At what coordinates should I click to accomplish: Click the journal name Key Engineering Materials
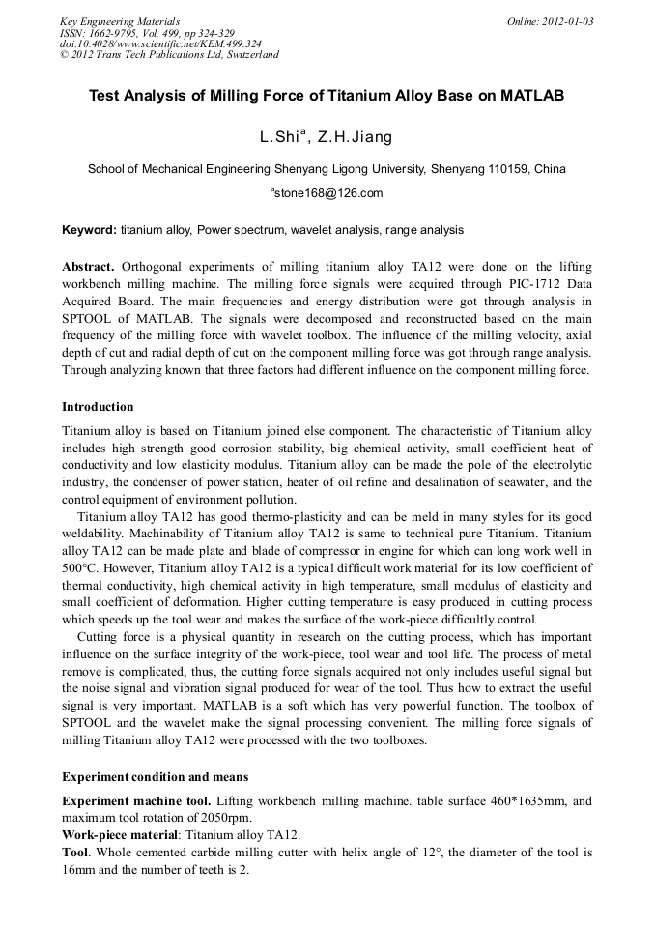(x=120, y=21)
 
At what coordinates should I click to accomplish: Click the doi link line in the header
(x=160, y=43)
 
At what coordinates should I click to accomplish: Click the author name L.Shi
(x=280, y=137)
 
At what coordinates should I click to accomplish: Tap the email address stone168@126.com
(x=328, y=193)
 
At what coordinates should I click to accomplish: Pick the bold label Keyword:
(x=89, y=230)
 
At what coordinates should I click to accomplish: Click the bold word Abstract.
(x=88, y=266)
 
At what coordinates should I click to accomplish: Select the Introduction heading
(x=98, y=406)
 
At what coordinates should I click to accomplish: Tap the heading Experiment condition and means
(x=155, y=776)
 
